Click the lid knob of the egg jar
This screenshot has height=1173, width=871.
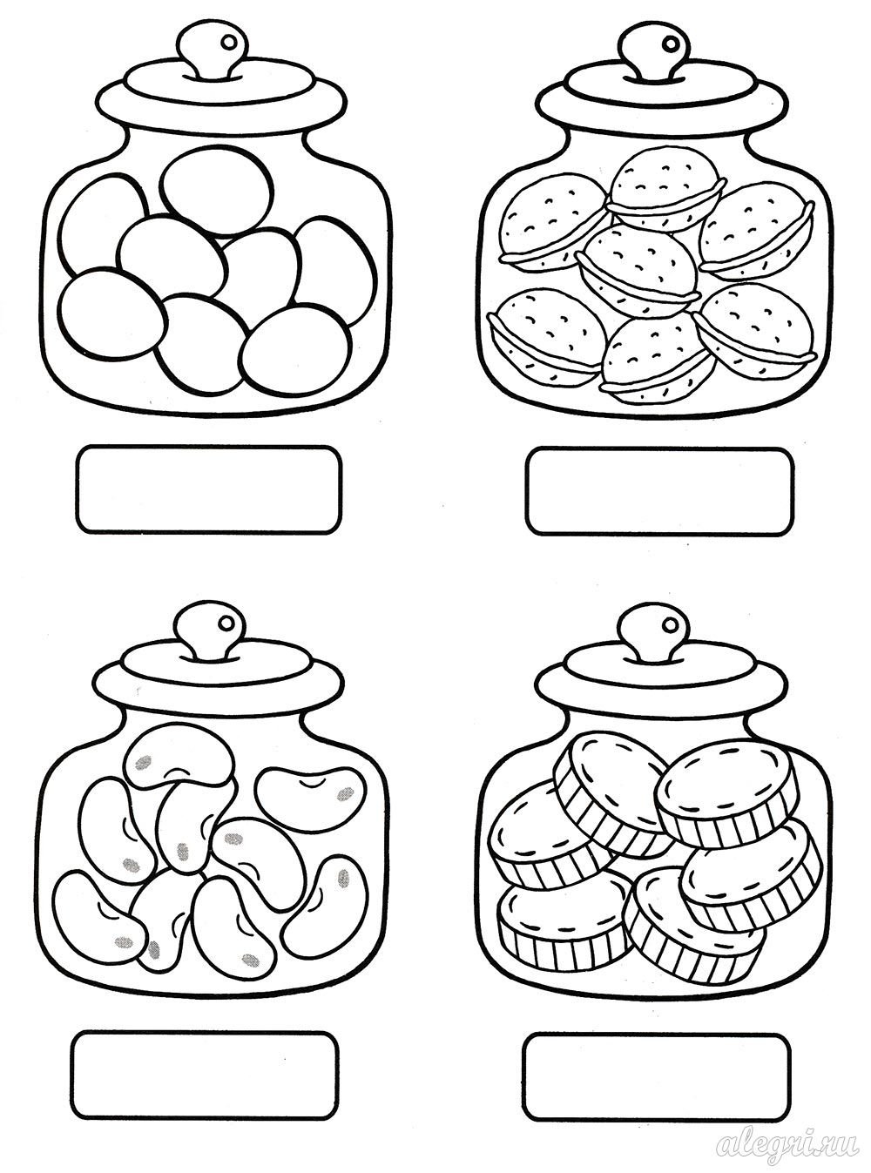[x=211, y=51]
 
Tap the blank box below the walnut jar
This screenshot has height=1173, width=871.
[x=660, y=491]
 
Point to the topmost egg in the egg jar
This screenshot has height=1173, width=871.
[x=216, y=192]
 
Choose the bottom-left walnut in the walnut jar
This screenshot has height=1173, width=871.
[x=547, y=334]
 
